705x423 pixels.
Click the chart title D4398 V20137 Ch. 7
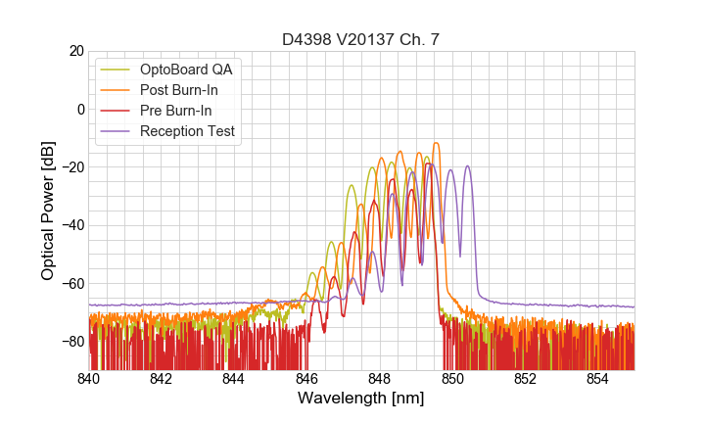pos(360,39)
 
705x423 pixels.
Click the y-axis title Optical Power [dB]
pos(48,211)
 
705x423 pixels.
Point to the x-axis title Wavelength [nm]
pos(360,399)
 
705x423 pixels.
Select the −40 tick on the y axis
pos(72,225)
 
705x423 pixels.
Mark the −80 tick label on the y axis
pos(72,342)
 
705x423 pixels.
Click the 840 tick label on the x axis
pos(89,378)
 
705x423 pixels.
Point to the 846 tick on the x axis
pos(306,378)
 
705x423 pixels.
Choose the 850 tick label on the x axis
pos(452,378)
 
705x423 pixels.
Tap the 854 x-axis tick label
pos(597,378)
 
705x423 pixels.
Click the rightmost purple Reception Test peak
pos(468,166)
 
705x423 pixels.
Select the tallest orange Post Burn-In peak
pos(436,144)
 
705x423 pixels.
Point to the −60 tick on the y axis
pos(72,284)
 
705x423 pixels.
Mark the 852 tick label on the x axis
pos(525,378)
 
